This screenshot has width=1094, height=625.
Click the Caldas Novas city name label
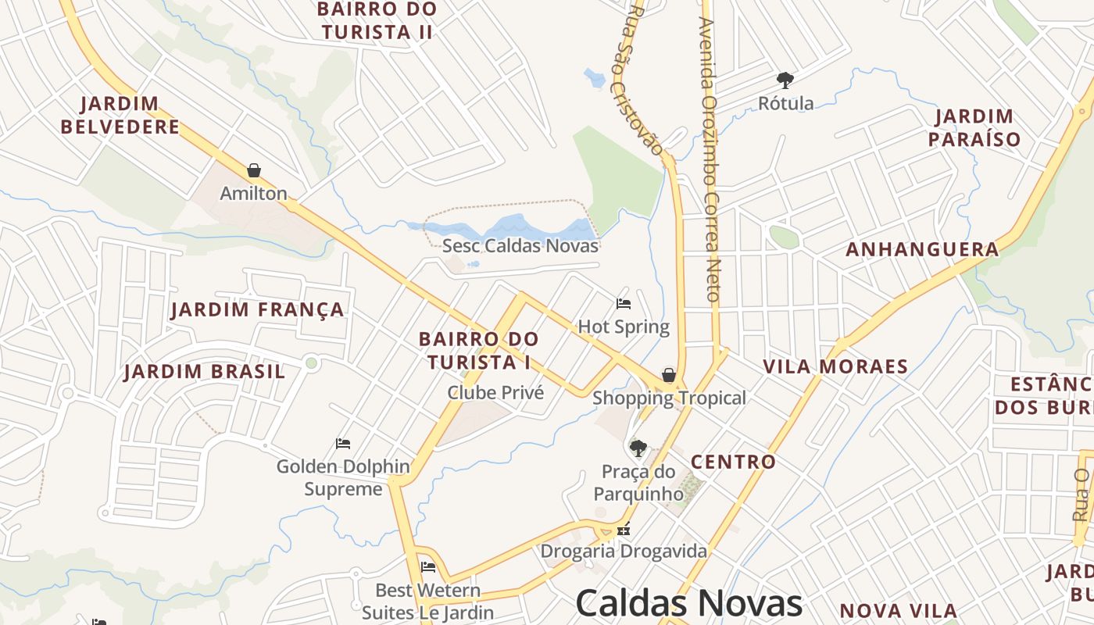[x=688, y=603]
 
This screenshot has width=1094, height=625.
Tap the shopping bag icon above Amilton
[x=254, y=170]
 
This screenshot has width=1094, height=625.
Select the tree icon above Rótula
[x=785, y=80]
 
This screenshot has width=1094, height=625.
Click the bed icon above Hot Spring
[x=624, y=303]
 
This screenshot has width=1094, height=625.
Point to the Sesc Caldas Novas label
[x=520, y=245]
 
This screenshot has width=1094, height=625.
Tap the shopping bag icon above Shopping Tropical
[x=669, y=376]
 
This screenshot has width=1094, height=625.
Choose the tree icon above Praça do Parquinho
[x=638, y=448]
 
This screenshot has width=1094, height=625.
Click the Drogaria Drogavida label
[x=624, y=551]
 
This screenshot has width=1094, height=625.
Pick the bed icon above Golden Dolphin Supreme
[x=342, y=444]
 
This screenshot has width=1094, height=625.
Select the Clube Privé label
[x=495, y=392]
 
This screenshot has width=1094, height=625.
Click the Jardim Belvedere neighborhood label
[x=120, y=115]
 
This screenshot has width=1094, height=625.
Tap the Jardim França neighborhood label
[x=258, y=309]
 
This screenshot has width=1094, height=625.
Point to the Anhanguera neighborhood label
[x=922, y=249]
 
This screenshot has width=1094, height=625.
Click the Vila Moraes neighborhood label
[x=835, y=366]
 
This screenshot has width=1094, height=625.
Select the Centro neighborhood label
[x=734, y=462]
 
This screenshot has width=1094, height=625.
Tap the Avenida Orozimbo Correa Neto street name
[x=710, y=156]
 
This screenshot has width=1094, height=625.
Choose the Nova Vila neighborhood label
[x=898, y=610]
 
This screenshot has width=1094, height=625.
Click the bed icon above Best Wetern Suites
[x=427, y=567]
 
